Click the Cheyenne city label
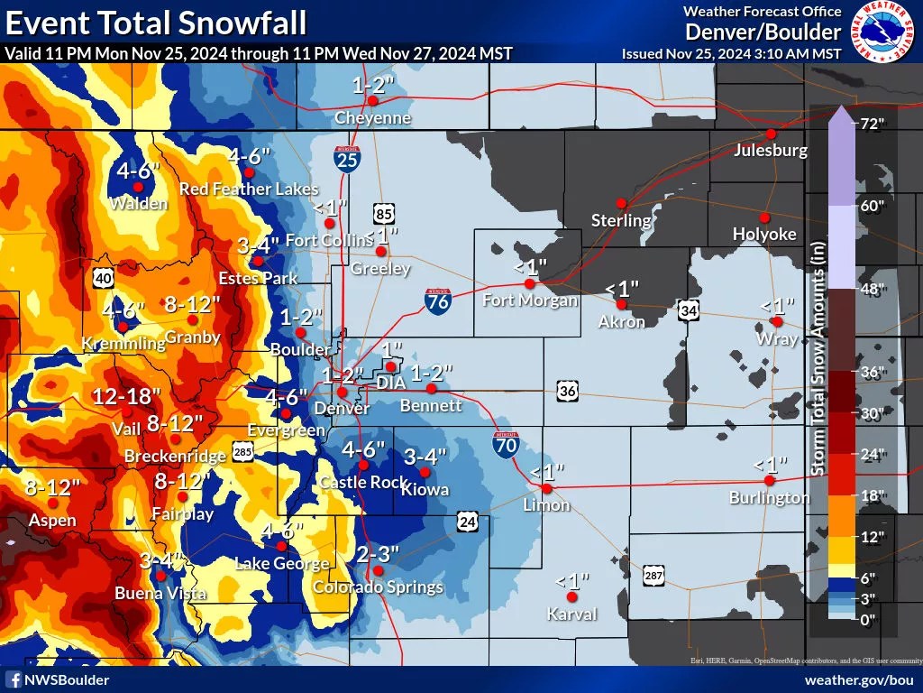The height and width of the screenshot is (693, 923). pos(372,118)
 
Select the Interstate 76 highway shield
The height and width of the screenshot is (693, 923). pos(439,301)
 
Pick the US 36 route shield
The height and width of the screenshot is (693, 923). pos(567,390)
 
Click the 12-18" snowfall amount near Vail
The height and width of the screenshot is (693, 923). pos(127,396)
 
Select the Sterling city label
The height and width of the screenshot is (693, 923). pos(621,220)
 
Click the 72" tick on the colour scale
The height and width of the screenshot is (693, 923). pos(872,125)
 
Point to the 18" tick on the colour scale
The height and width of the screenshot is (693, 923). pos(872,496)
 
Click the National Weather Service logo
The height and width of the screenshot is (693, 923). pos(881,31)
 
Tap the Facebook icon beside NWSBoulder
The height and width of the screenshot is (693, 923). pos(14,679)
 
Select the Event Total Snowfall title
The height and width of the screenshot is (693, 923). pos(156,21)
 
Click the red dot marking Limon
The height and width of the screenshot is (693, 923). pos(546,487)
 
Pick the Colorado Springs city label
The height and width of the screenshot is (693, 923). pos(378,587)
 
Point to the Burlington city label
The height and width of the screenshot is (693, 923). pos(770,498)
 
